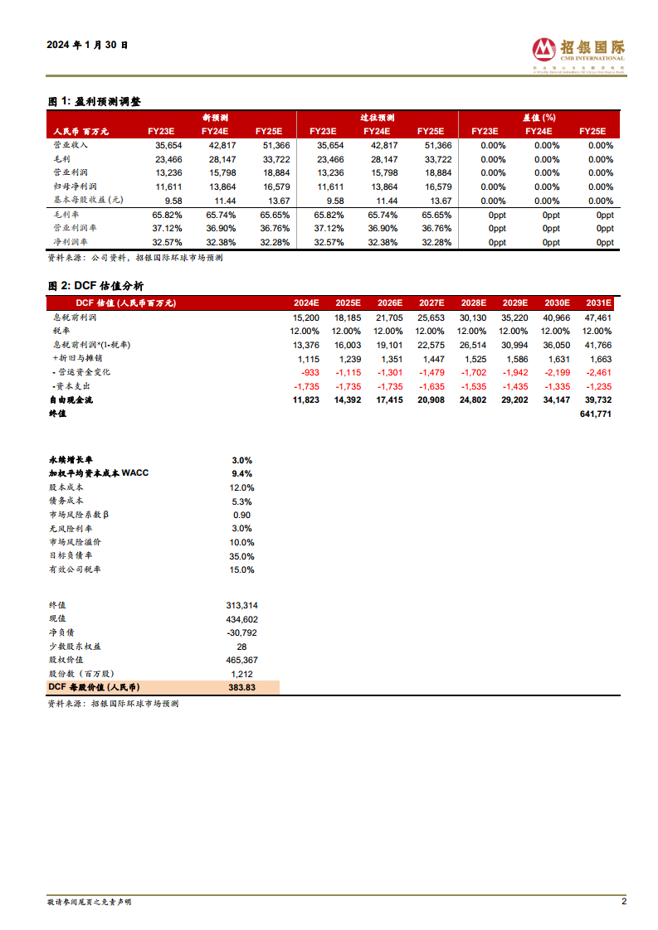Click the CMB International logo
pos(578,51)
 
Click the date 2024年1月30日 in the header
pos(88,46)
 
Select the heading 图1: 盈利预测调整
pos(94,101)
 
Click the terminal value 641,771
pos(594,414)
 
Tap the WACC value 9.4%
pos(242,473)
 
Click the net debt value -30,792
pos(241,632)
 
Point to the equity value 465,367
pos(241,660)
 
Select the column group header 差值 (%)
pos(539,118)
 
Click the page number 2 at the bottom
pos(623,901)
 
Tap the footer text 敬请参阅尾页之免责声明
pos(89,902)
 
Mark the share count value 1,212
pos(241,674)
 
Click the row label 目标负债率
pos(71,556)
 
